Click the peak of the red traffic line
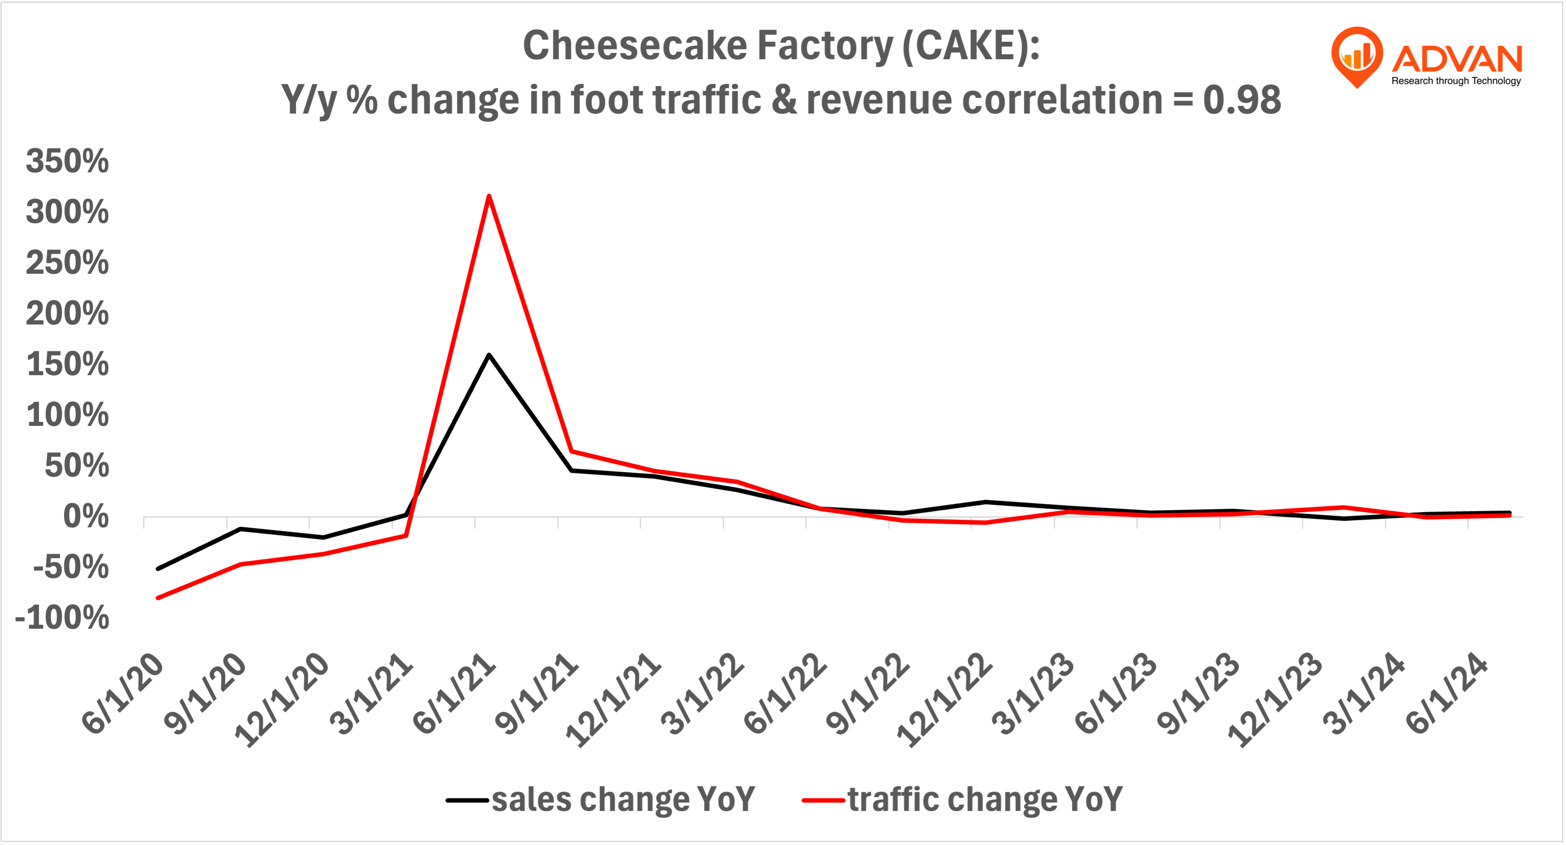[489, 197]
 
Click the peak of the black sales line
[489, 355]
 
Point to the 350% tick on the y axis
[67, 162]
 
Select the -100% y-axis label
[62, 618]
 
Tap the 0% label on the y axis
[86, 517]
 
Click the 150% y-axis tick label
[67, 364]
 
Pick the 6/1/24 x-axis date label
[1447, 693]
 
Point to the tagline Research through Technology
[1456, 81]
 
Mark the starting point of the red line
[158, 598]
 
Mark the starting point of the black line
[158, 569]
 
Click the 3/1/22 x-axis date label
[702, 693]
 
